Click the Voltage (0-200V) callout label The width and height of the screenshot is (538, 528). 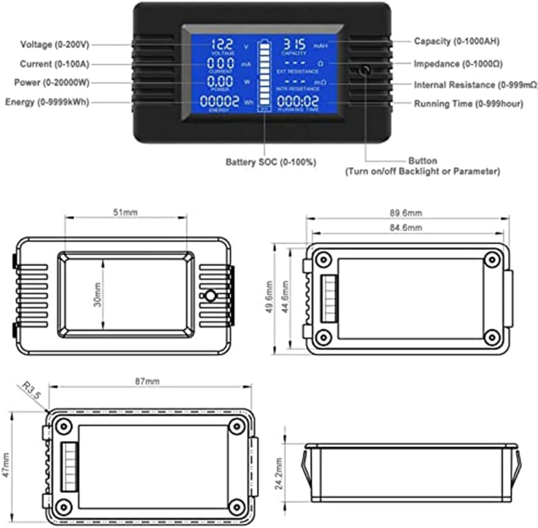point(55,44)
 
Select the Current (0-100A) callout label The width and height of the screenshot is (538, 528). point(54,64)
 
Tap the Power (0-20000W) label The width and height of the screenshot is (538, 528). point(52,83)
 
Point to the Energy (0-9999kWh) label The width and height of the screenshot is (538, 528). point(47,102)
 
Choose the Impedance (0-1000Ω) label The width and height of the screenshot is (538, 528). point(458,64)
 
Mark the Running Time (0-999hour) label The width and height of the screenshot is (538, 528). point(468,104)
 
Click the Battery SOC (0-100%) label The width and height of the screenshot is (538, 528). point(271,161)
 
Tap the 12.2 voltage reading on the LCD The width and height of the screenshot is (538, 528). point(222,45)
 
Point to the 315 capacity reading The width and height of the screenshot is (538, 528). point(295,44)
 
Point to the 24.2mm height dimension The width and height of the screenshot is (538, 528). point(279,472)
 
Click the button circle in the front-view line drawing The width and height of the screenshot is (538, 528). point(211,296)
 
